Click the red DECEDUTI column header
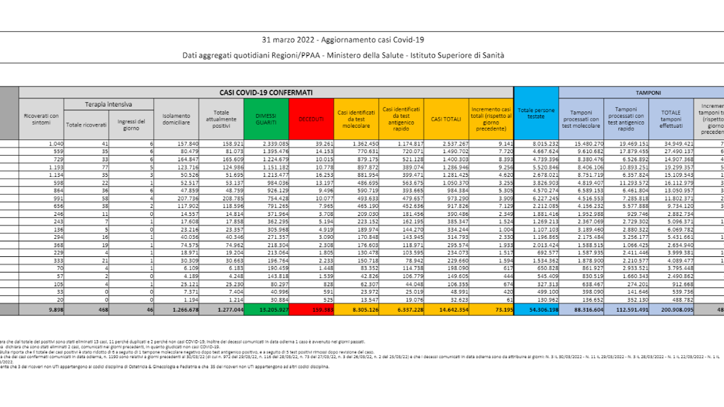(x=311, y=119)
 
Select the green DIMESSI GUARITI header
(x=266, y=119)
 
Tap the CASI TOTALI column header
(x=445, y=119)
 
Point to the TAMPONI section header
(x=648, y=93)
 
